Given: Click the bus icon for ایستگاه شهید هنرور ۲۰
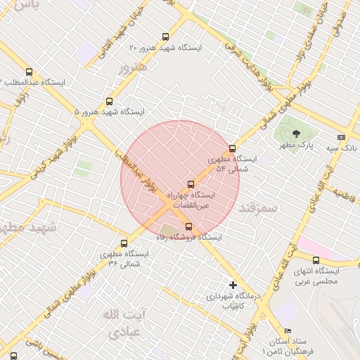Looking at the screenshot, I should [x=166, y=37].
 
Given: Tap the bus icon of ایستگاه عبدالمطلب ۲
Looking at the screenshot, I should [x=29, y=72].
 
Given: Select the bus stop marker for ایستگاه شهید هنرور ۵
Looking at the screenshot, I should [x=108, y=102].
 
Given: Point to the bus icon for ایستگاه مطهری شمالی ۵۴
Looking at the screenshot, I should [x=233, y=148].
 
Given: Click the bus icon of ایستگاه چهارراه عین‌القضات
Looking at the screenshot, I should [x=189, y=184].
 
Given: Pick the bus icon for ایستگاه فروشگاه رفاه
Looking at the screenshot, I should [x=188, y=226].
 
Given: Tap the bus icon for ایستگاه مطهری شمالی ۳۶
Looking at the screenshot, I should [x=124, y=243].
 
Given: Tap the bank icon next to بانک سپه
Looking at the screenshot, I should [x=341, y=137].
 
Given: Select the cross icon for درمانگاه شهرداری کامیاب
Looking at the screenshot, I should [x=233, y=285].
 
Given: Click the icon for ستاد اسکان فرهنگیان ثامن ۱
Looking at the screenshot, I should [x=288, y=331].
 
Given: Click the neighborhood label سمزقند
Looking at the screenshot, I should [x=259, y=207].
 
